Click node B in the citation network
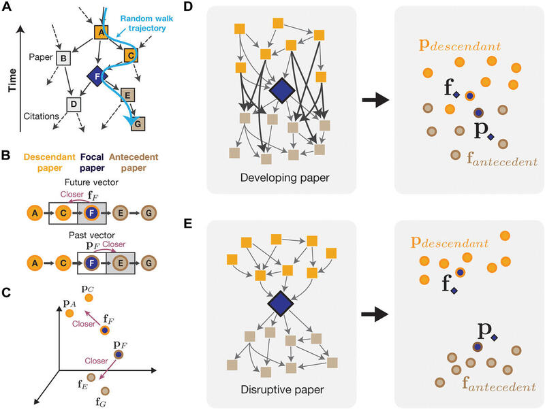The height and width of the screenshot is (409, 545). pyautogui.click(x=63, y=59)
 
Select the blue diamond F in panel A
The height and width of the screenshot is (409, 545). pyautogui.click(x=95, y=76)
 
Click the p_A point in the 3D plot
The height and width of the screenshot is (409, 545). pyautogui.click(x=69, y=314)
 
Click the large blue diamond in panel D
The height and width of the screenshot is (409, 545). pyautogui.click(x=281, y=91)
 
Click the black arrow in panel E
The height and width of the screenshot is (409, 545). pyautogui.click(x=375, y=315)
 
